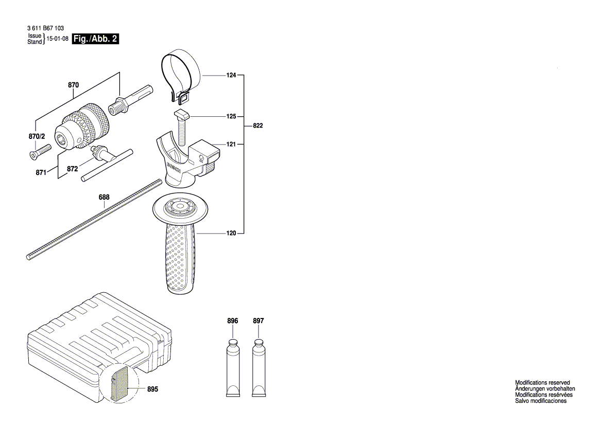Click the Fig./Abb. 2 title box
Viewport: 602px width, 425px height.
point(96,39)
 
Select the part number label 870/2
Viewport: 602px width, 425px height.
point(37,136)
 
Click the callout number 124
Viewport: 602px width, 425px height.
point(231,75)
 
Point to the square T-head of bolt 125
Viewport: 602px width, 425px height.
point(182,114)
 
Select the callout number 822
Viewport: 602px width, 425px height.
point(258,126)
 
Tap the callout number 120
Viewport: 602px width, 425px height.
point(231,233)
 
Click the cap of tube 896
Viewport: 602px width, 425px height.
point(233,343)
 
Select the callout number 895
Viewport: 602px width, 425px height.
point(152,389)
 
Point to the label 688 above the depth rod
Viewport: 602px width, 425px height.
point(104,197)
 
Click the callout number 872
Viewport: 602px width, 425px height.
point(72,169)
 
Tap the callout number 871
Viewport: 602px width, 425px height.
point(41,172)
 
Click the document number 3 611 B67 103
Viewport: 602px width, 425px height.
point(45,28)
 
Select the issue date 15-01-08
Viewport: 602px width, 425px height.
point(57,39)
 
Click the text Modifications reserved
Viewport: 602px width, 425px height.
point(542,382)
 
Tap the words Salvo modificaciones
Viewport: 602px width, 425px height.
point(541,401)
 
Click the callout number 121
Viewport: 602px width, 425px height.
point(231,144)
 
